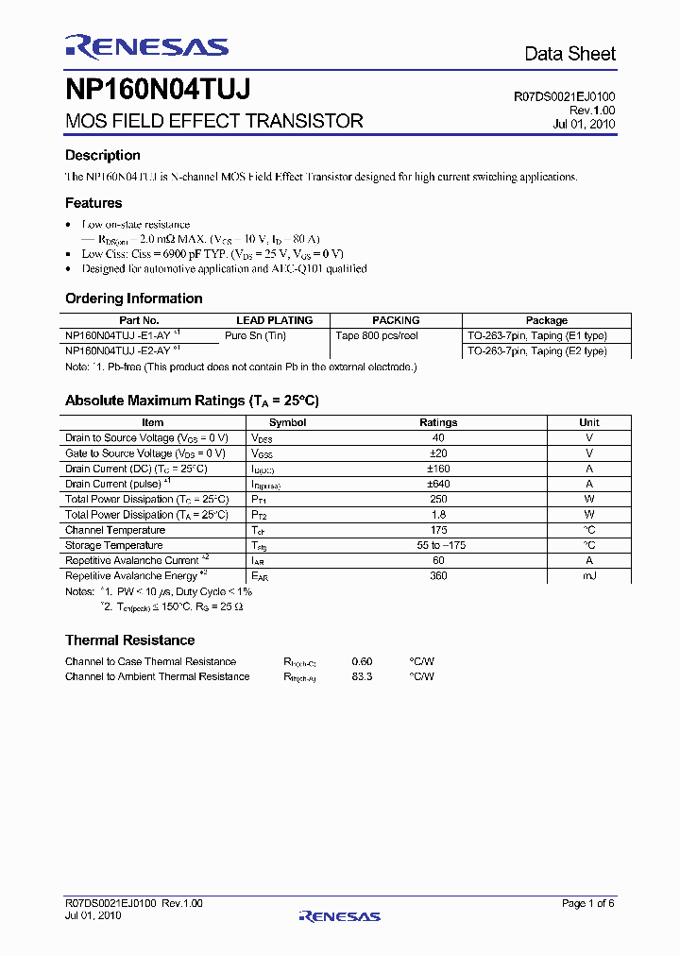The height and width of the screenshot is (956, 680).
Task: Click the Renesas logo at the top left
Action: pos(146,47)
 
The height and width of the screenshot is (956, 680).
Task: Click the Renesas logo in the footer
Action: pos(339,915)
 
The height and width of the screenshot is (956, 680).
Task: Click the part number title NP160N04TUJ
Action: pos(158,91)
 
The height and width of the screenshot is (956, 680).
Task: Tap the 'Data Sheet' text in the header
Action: pos(569,54)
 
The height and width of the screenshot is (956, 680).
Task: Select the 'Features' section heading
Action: pos(93,203)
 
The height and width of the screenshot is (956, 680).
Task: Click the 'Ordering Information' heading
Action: pos(133,299)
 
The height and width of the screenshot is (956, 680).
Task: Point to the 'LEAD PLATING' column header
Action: pos(274,320)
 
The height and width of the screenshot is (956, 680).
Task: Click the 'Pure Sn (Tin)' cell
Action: pos(255,335)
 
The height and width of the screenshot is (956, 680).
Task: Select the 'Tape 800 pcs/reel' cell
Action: pos(377,335)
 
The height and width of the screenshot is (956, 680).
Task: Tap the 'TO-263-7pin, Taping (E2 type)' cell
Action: pos(536,351)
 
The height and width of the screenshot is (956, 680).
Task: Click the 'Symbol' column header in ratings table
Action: pos(287,422)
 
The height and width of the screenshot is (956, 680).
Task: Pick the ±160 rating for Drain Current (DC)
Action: pos(438,469)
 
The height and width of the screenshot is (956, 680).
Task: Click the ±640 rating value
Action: pos(438,484)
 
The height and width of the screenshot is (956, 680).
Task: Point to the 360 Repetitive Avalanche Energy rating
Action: pos(438,575)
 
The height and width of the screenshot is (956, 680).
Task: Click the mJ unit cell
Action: pos(589,575)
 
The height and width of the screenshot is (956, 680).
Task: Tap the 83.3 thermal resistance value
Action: pos(362,676)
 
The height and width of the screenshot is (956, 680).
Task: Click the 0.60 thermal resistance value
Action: pos(362,661)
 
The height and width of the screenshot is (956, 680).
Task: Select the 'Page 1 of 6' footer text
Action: pos(587,904)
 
